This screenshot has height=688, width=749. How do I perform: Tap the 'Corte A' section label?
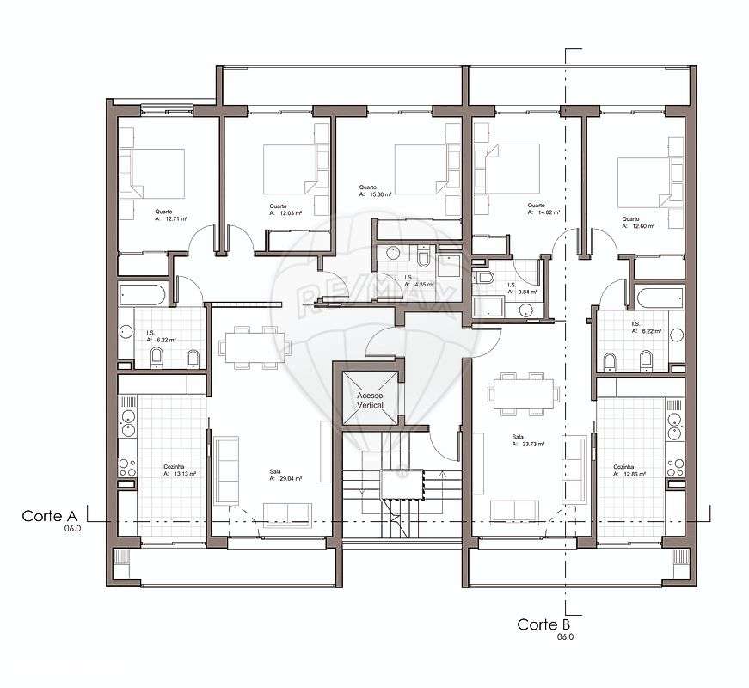pos(50,516)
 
